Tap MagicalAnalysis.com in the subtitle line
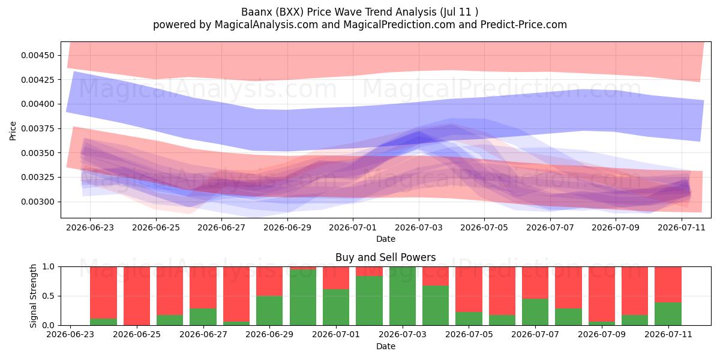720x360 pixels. click(x=266, y=25)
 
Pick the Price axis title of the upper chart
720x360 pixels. click(x=13, y=131)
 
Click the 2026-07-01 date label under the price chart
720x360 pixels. click(x=353, y=227)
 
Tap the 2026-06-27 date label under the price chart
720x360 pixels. click(x=221, y=227)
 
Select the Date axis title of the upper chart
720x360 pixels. click(x=386, y=239)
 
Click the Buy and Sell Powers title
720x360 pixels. click(x=386, y=257)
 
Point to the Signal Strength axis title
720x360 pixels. click(x=34, y=296)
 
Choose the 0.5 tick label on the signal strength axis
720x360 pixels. click(x=48, y=296)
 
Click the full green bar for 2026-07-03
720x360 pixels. click(x=403, y=296)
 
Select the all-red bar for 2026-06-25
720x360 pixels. click(x=137, y=296)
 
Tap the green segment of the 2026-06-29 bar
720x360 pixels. click(x=269, y=311)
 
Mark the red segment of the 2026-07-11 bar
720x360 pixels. click(x=668, y=284)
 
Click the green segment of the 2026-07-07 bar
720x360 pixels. click(x=535, y=312)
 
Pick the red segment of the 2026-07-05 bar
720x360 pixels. click(x=469, y=289)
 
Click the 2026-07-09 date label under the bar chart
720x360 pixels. click(x=602, y=335)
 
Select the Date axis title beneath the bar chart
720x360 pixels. click(x=386, y=346)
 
